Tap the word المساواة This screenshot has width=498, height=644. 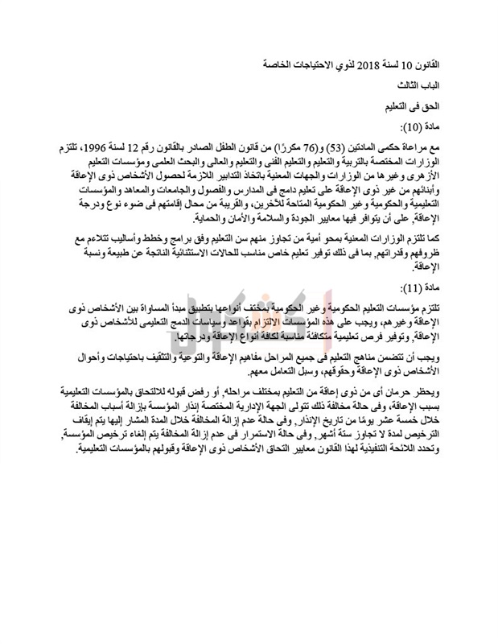160,310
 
